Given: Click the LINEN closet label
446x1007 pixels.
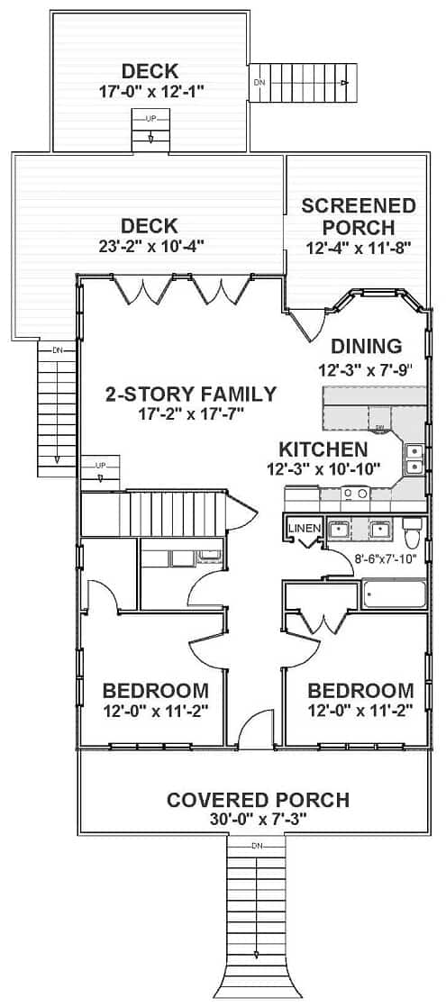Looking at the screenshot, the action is (304, 528).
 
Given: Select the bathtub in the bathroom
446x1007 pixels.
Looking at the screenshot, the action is (394, 594).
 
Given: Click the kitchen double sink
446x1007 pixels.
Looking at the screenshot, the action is (414, 458).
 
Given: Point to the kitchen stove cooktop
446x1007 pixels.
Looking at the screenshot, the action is (355, 494).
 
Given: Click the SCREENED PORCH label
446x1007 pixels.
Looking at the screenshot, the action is (359, 217).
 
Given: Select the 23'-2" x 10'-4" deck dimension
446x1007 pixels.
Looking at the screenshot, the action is (150, 246).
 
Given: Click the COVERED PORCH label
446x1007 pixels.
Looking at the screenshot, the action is (258, 800).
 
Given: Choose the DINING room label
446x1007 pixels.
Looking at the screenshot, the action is (367, 346).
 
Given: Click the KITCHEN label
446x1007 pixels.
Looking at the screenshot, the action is (323, 449).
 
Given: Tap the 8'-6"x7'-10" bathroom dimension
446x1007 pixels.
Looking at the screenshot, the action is (386, 558).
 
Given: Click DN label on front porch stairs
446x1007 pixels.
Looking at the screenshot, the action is (257, 844).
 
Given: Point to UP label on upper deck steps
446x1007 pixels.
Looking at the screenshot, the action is (150, 118).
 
